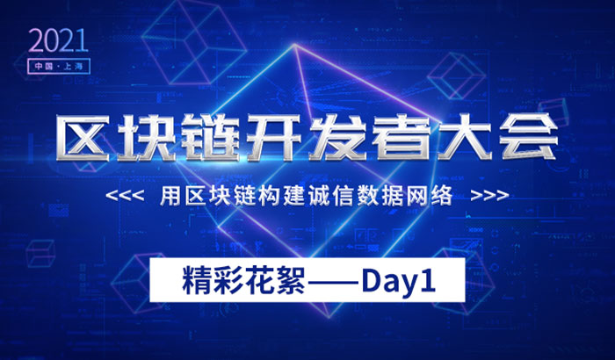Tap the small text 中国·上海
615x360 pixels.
[57, 65]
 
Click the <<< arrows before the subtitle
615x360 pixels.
[124, 195]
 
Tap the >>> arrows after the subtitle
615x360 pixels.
[488, 195]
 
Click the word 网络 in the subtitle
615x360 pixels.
[437, 195]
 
